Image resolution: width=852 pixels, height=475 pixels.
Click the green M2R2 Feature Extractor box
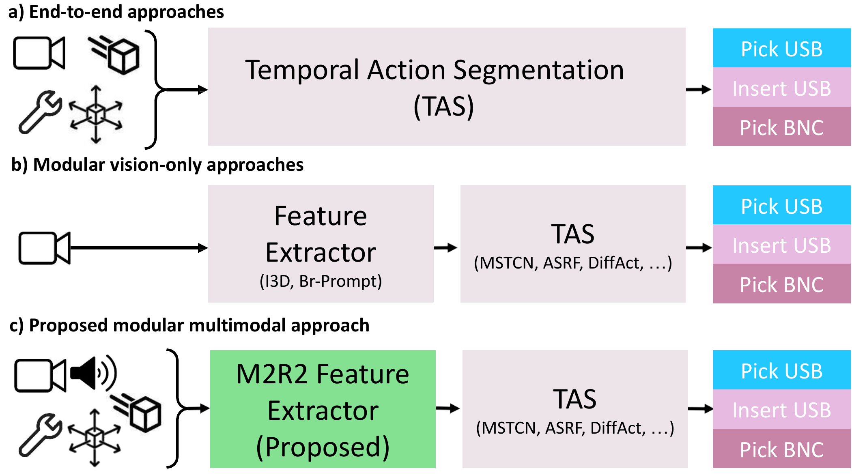pos(323,409)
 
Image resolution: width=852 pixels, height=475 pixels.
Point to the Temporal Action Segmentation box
pos(446,86)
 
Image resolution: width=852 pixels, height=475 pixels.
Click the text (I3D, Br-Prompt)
pos(321,281)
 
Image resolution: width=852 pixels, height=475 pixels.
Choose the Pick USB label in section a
pos(781,49)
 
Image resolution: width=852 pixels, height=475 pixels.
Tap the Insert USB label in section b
pos(781,245)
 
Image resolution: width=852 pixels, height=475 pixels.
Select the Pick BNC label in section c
pos(781,449)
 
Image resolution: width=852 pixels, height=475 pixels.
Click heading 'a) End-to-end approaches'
pos(116,12)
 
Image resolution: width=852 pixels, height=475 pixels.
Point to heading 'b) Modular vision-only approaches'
pos(157,165)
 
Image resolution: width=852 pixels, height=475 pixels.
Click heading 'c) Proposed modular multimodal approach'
pos(189,325)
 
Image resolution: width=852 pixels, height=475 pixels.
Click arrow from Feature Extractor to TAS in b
pos(446,247)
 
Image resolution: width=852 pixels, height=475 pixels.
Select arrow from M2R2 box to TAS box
pos(448,408)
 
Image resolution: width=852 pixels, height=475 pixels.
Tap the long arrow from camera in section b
pos(138,247)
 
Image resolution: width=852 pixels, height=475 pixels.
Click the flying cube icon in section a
pos(116,55)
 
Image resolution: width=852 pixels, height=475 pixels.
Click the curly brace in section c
pos(176,408)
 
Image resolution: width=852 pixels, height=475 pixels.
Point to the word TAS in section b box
pos(572,234)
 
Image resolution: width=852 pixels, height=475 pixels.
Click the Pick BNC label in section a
pos(781,127)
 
